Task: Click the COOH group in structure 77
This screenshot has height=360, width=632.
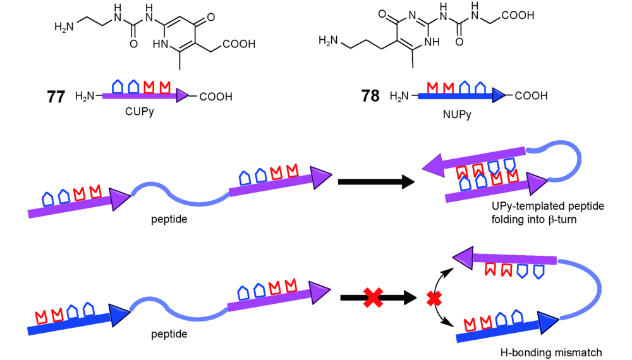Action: [238, 44]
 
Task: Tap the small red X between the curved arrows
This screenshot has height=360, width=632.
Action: [434, 298]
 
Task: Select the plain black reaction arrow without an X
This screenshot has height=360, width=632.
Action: [376, 182]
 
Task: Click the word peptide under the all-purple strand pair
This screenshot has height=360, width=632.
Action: [169, 218]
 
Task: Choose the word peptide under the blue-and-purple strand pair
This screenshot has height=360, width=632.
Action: [169, 334]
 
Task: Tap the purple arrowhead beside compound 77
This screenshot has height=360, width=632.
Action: [183, 96]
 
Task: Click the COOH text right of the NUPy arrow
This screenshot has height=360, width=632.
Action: [531, 96]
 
